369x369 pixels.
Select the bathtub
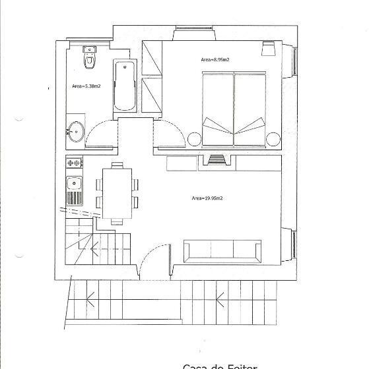pos(125,86)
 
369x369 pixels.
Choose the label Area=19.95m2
pos(207,198)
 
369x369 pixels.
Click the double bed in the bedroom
pos(234,109)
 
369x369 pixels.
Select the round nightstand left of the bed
pos(195,138)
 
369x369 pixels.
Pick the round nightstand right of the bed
pos(273,138)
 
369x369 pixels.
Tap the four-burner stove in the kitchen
pos(74,161)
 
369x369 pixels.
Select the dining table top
pos(117,193)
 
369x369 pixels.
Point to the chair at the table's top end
pos(117,165)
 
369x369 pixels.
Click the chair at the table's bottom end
pos(117,221)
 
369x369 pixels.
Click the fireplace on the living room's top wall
pos(216,159)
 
